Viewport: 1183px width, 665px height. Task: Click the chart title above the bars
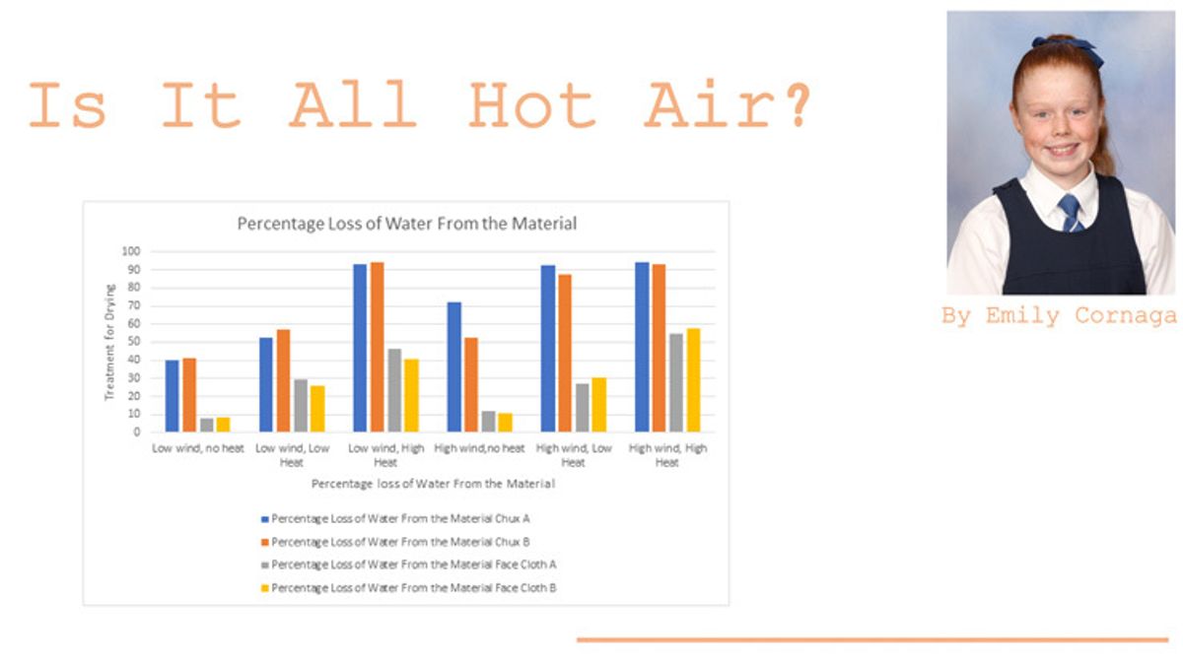[406, 224]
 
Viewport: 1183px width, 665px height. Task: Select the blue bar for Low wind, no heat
[173, 395]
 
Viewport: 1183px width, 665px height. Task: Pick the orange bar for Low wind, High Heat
[377, 347]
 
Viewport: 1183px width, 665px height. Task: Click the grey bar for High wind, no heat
[488, 421]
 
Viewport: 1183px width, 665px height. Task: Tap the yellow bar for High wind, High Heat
[693, 380]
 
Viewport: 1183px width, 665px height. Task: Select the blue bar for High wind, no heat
[453, 366]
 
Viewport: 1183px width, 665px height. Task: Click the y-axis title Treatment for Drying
[110, 342]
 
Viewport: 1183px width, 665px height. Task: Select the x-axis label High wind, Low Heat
[573, 455]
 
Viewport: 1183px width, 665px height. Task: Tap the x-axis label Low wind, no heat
[197, 448]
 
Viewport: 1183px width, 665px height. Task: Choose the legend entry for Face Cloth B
[414, 588]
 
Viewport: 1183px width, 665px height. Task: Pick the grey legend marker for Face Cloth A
[264, 565]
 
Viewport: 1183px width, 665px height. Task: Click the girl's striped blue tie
[1070, 212]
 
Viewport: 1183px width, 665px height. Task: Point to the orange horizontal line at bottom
[871, 640]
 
